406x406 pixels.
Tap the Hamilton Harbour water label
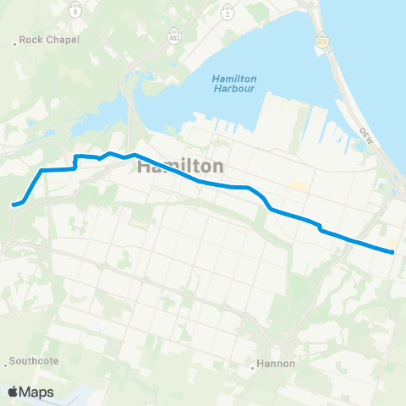234,86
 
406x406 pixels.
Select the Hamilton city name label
180,167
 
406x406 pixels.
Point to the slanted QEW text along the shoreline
366,135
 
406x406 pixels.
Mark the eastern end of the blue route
392,250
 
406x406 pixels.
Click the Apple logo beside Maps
13,392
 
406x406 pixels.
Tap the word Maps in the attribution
37,392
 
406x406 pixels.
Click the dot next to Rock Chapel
16,40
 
